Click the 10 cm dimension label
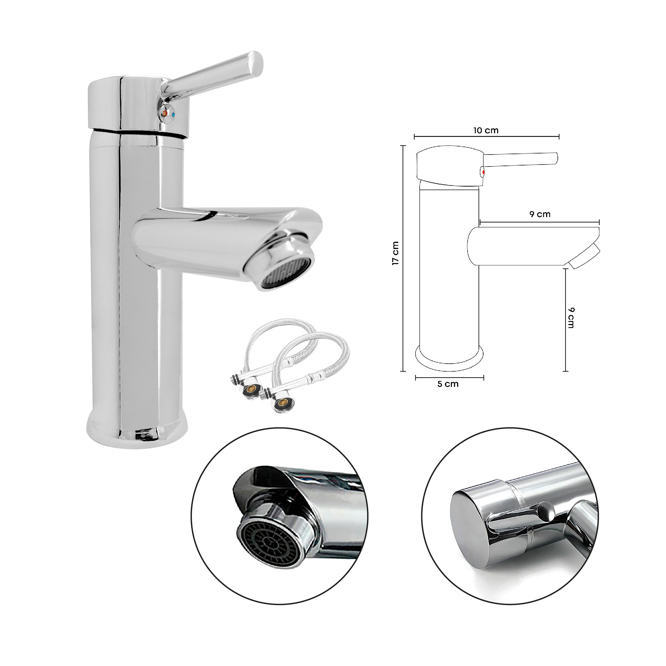tap(486, 131)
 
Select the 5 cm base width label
tap(448, 384)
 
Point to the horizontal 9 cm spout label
tap(540, 214)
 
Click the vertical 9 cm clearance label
tap(570, 318)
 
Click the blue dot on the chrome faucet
tap(173, 114)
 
